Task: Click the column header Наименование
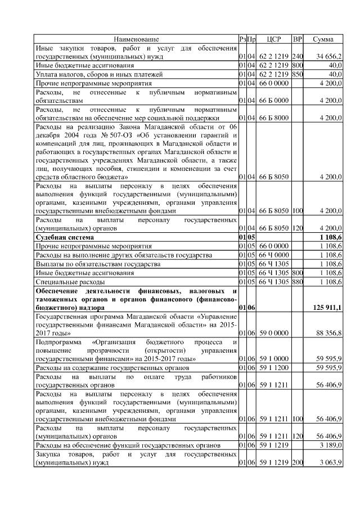(136, 39)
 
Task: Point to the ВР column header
(298, 39)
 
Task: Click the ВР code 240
(298, 57)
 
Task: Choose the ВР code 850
(298, 74)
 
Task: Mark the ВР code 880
(298, 281)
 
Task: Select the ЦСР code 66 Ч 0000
(274, 255)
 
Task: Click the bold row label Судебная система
(63, 238)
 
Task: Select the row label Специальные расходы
(70, 281)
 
